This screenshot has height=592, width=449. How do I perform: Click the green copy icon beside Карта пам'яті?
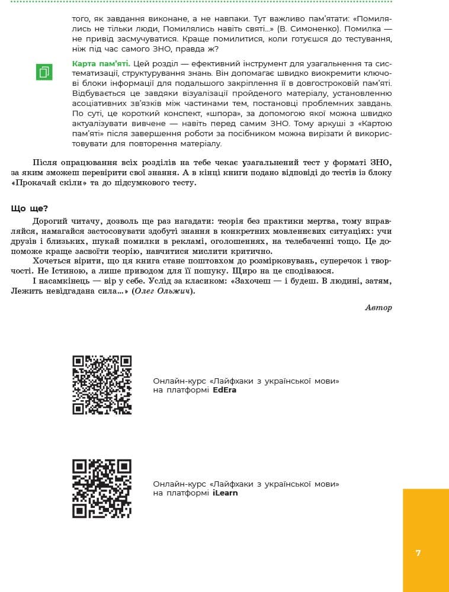pyautogui.click(x=44, y=72)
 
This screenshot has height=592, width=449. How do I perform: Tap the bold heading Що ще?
pyautogui.click(x=30, y=208)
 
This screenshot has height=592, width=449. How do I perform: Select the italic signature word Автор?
pyautogui.click(x=379, y=307)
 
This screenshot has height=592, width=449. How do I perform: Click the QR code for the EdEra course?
pyautogui.click(x=102, y=385)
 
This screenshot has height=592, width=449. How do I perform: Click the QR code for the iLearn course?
pyautogui.click(x=102, y=488)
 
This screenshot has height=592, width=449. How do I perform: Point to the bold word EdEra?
pyautogui.click(x=224, y=390)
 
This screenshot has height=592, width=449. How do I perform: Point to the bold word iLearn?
pyautogui.click(x=225, y=493)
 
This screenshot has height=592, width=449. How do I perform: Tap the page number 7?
pyautogui.click(x=418, y=553)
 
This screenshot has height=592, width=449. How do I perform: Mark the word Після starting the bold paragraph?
pyautogui.click(x=45, y=163)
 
